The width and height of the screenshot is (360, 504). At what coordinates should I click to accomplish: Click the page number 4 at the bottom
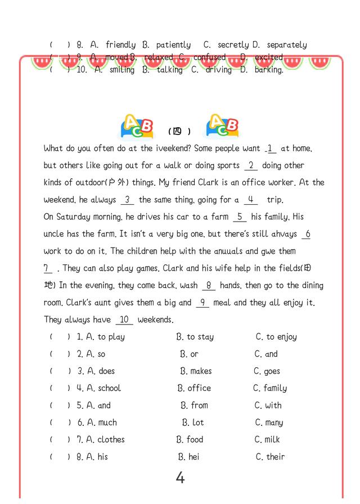(x=180, y=478)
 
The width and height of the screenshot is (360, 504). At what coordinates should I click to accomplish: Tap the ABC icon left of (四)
(x=137, y=128)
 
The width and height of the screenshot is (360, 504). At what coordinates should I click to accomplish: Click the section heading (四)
(x=179, y=132)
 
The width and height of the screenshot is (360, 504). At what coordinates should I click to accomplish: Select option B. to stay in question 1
(x=195, y=337)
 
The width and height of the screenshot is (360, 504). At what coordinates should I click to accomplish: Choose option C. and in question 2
(x=266, y=354)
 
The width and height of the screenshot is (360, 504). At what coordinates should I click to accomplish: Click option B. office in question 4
(x=194, y=388)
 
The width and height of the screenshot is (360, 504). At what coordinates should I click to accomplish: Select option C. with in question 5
(x=268, y=405)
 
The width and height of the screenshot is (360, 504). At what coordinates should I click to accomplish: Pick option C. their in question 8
(x=270, y=457)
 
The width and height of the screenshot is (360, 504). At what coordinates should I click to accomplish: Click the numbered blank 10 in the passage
(x=124, y=319)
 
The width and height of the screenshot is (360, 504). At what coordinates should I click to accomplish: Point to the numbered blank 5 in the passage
(x=239, y=217)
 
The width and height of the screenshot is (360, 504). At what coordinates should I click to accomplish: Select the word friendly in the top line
(x=120, y=44)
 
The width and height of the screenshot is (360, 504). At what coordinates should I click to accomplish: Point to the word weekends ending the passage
(x=156, y=319)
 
